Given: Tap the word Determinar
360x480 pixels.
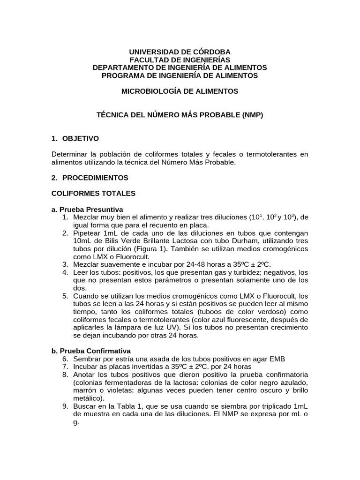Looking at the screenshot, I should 68,154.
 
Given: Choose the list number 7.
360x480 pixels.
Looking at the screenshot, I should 65,367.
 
